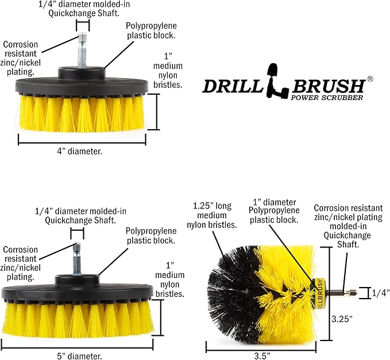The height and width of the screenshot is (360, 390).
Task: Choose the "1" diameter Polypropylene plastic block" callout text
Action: (277, 210)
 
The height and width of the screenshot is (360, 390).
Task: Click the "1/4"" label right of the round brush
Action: (380, 293)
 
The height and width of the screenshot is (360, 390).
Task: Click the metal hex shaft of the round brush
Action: (342, 293)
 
